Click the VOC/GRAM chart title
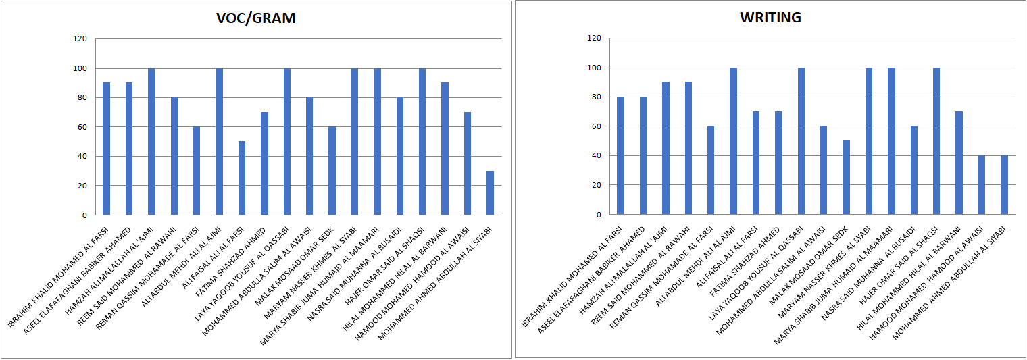click(256, 18)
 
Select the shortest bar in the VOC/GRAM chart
click(490, 193)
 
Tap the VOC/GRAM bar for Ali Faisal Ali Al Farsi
click(242, 178)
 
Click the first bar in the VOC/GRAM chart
click(106, 149)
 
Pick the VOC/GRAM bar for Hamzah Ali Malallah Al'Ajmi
click(151, 142)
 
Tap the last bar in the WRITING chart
click(1004, 185)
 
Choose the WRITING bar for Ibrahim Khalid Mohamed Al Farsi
click(620, 155)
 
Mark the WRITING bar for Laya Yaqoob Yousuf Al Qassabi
click(801, 141)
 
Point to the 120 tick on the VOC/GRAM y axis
click(80, 39)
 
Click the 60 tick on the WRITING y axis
click(595, 126)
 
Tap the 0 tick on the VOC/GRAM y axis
click(84, 215)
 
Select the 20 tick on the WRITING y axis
click(595, 185)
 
